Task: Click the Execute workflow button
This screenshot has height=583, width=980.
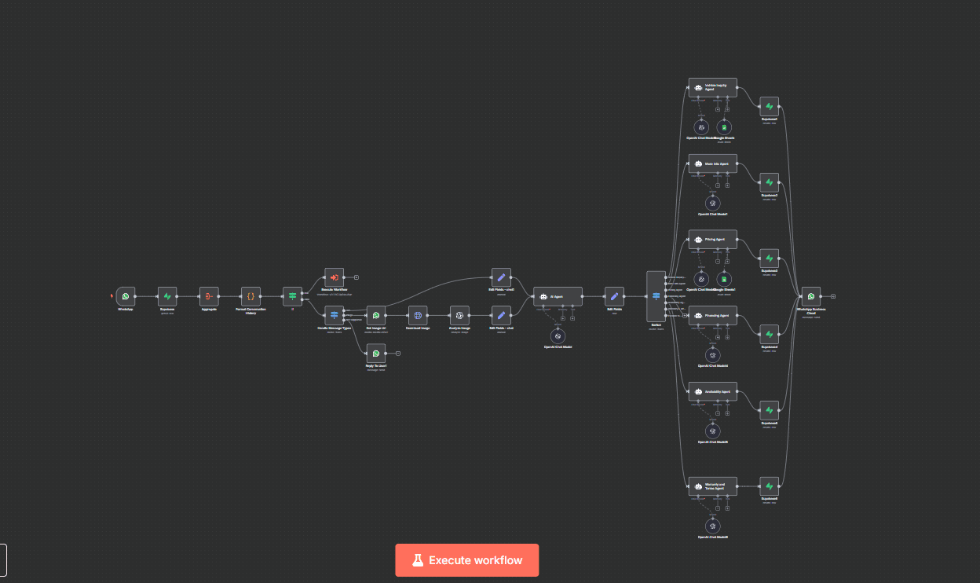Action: pyautogui.click(x=466, y=560)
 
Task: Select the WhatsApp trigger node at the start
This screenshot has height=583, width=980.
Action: pyautogui.click(x=126, y=296)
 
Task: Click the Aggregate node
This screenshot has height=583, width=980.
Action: pyautogui.click(x=209, y=296)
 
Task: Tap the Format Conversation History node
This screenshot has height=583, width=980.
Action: pyautogui.click(x=250, y=296)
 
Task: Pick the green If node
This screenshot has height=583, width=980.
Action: pyautogui.click(x=292, y=296)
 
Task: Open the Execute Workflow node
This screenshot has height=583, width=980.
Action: pyautogui.click(x=334, y=277)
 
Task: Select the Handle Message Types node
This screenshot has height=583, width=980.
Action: pyautogui.click(x=334, y=316)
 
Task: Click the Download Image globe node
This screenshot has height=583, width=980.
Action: pyautogui.click(x=418, y=316)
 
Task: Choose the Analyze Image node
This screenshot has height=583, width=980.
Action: pyautogui.click(x=459, y=316)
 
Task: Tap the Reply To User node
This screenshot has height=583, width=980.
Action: pyautogui.click(x=376, y=354)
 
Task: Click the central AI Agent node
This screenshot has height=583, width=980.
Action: pyautogui.click(x=558, y=296)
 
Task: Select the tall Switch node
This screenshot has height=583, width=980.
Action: pyautogui.click(x=656, y=296)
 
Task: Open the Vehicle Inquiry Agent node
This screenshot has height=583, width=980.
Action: pyautogui.click(x=712, y=87)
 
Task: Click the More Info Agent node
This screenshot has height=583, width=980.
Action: pyautogui.click(x=712, y=163)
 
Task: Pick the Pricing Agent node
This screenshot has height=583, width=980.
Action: pyautogui.click(x=712, y=240)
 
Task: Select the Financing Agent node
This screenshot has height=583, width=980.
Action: pyautogui.click(x=712, y=316)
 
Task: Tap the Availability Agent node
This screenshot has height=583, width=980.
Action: pyautogui.click(x=712, y=391)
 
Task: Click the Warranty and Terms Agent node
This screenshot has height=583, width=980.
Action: pyautogui.click(x=712, y=486)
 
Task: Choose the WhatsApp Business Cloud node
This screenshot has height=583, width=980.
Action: pyautogui.click(x=811, y=296)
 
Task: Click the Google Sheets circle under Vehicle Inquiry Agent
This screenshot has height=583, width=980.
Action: pyautogui.click(x=724, y=126)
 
